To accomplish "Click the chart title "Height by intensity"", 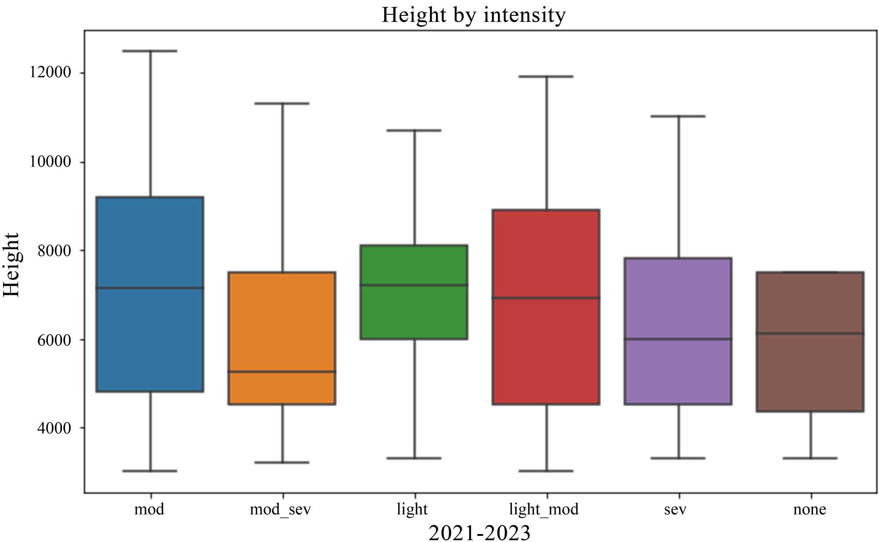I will (x=473, y=15).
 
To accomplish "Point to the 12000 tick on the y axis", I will (x=50, y=72).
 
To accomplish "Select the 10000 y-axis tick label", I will (x=50, y=162).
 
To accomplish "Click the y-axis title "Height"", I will (x=11, y=265).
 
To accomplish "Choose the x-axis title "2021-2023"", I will (x=479, y=533).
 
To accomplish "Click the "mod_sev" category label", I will (x=280, y=509).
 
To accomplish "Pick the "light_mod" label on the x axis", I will (x=544, y=509).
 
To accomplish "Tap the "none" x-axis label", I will (x=810, y=509).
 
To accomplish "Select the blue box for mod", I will (x=150, y=246).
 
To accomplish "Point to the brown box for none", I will (x=810, y=373).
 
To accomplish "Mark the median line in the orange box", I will (x=282, y=372).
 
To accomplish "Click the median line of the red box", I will (x=546, y=298).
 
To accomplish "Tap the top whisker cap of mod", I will (x=150, y=51).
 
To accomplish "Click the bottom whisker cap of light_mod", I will (x=546, y=471).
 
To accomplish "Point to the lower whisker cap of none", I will (x=810, y=458).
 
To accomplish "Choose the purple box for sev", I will (x=678, y=299).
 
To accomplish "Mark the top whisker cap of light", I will (x=414, y=130).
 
